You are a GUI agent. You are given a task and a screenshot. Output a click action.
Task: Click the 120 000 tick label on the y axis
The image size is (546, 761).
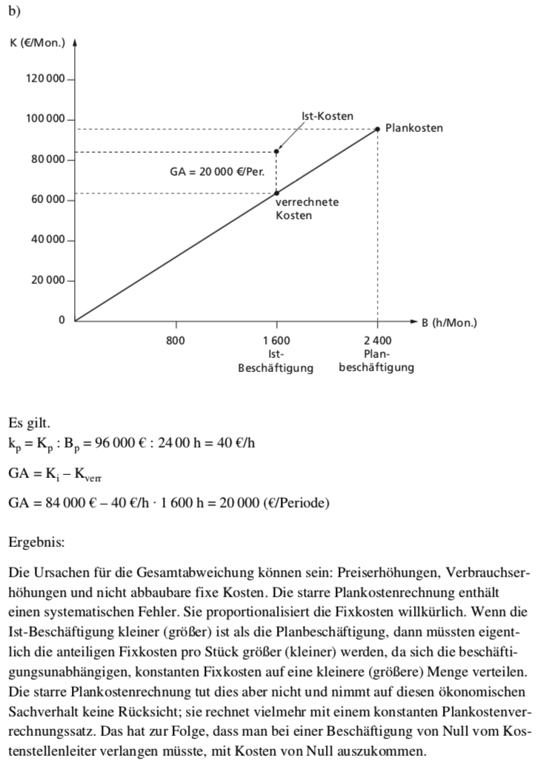point(46,79)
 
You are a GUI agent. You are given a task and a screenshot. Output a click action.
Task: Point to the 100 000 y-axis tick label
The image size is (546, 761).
point(46,119)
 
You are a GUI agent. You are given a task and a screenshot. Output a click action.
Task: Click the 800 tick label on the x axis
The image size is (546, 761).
point(176,340)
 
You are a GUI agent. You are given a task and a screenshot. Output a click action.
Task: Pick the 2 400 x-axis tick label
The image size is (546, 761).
point(377,340)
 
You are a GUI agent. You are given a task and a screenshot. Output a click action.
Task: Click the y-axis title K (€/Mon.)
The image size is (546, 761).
point(37,41)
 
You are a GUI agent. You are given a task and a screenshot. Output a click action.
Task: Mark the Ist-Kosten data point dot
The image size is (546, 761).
point(276,151)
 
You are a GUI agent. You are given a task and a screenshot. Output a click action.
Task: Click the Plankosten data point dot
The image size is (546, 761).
point(377,129)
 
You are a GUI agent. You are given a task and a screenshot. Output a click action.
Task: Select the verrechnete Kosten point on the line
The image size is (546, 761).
point(276,193)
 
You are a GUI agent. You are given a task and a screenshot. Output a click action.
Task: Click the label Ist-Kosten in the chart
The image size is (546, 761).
point(327,116)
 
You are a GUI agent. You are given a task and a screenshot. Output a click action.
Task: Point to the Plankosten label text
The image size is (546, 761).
point(414,128)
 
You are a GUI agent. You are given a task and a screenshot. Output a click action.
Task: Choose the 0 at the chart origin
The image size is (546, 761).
point(62,320)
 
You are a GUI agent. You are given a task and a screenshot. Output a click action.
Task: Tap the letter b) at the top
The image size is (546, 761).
point(14,10)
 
